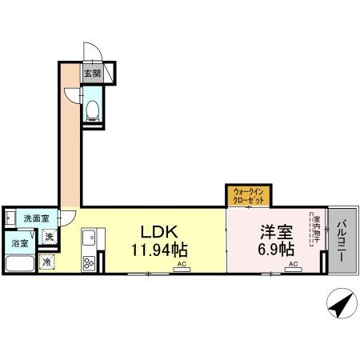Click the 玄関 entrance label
pos(92,74)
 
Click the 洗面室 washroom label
pos(35,218)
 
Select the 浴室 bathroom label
pos(19,242)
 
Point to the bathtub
pos(20,264)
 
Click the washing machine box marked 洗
pos(49,237)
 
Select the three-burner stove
pos(87,262)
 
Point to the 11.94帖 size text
pos(160,250)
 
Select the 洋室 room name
pos(274,233)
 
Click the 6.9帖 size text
pos(274,250)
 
